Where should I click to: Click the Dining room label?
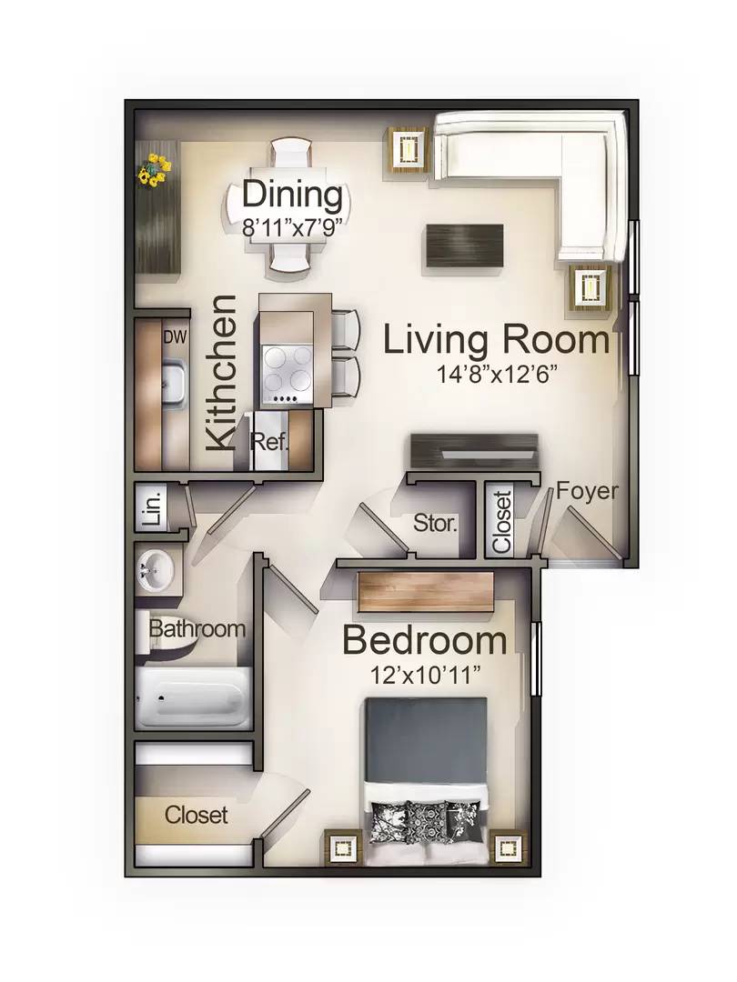(x=293, y=195)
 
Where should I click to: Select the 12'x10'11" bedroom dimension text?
(x=425, y=675)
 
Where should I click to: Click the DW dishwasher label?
(x=175, y=337)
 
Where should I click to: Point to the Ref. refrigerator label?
(x=269, y=442)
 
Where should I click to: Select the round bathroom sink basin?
(x=154, y=569)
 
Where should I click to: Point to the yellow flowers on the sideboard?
(x=154, y=170)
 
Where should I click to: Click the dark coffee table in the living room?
(x=464, y=245)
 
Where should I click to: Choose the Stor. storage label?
(x=435, y=523)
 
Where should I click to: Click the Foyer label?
(x=587, y=490)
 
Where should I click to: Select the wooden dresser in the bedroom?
(x=425, y=592)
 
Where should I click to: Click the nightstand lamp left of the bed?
(x=343, y=848)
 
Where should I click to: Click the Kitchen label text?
(x=222, y=374)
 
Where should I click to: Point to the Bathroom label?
(x=197, y=628)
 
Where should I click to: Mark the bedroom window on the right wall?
(x=536, y=659)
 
